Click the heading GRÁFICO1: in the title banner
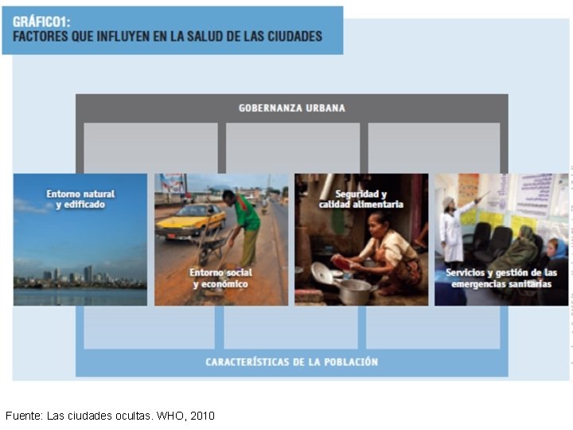(x=41, y=21)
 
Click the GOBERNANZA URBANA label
(x=292, y=107)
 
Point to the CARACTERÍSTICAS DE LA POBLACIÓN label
(x=291, y=362)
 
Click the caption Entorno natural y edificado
(x=80, y=199)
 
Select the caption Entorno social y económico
(x=219, y=278)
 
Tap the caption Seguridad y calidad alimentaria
(x=361, y=199)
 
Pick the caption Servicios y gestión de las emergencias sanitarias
(x=501, y=278)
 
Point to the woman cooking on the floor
(x=382, y=255)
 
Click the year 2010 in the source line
(x=202, y=416)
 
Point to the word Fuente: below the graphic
(x=24, y=416)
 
